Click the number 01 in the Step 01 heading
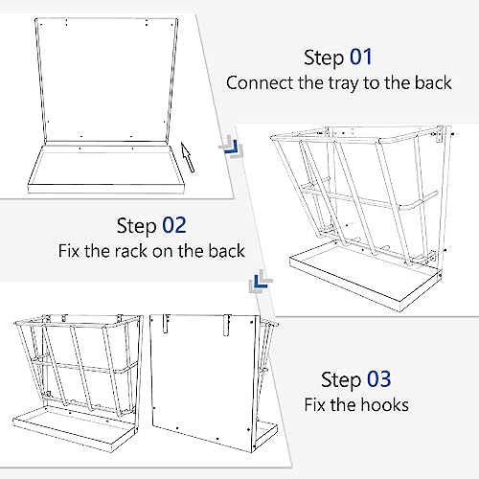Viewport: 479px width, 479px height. (x=361, y=57)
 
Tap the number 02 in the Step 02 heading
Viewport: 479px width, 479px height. (x=174, y=225)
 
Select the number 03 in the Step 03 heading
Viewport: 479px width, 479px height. (x=378, y=379)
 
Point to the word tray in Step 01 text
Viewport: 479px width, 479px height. (x=344, y=84)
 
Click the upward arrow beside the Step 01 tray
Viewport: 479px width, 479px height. (x=188, y=157)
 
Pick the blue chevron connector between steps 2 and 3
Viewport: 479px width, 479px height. (x=261, y=281)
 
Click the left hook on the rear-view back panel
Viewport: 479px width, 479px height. (x=165, y=323)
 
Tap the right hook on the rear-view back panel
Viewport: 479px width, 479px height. (x=226, y=325)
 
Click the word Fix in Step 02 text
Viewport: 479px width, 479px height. (x=69, y=251)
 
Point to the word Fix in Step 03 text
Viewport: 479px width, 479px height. (x=314, y=405)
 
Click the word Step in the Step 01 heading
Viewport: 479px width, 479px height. (x=324, y=58)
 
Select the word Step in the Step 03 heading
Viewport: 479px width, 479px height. (x=341, y=380)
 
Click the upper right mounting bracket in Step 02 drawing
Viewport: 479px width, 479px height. (x=439, y=134)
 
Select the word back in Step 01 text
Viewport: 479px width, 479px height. (x=433, y=83)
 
